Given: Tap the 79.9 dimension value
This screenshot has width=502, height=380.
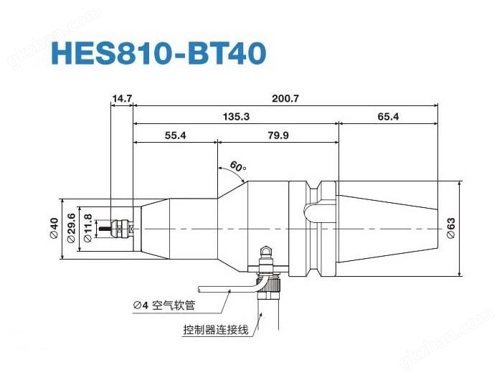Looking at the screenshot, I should pyautogui.click(x=278, y=135).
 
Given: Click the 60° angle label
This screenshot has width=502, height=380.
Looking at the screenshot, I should pyautogui.click(x=237, y=168).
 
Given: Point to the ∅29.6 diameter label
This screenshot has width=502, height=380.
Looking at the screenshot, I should pyautogui.click(x=71, y=229).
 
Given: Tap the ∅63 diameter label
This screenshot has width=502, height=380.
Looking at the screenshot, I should pyautogui.click(x=451, y=228).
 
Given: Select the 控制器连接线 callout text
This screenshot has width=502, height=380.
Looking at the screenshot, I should pyautogui.click(x=215, y=330).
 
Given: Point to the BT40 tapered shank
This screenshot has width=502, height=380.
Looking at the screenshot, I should pyautogui.click(x=387, y=228).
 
